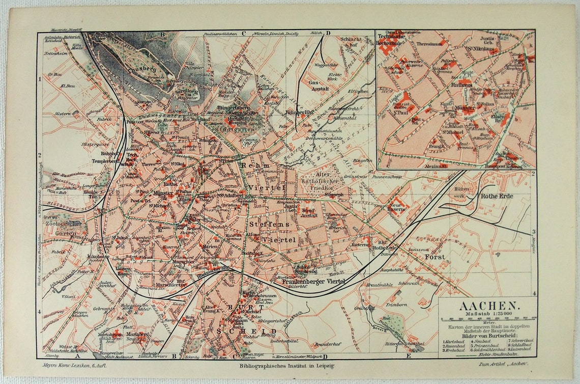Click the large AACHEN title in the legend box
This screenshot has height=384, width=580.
coord(488,306)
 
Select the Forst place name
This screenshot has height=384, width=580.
coord(436,257)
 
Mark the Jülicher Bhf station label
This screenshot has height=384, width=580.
coord(298,112)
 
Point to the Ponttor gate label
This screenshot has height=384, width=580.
coord(135,122)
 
